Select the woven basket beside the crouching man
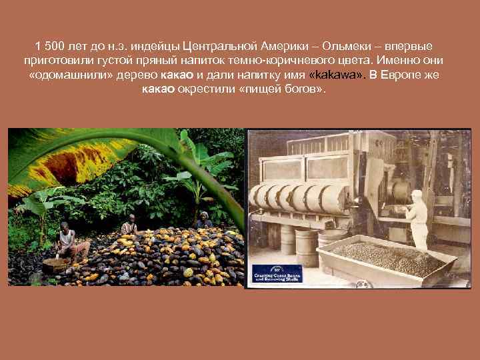[53, 264]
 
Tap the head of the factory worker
[417, 195]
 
